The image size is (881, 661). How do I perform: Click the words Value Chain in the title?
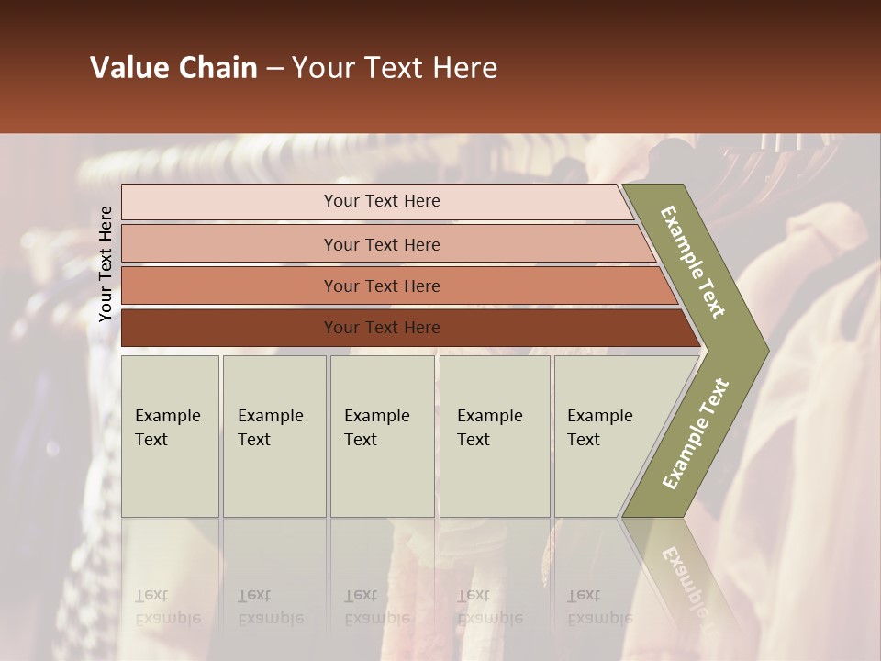[x=173, y=68]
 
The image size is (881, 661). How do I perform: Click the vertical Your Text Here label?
[x=106, y=263]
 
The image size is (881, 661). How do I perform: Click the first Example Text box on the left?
[x=170, y=436]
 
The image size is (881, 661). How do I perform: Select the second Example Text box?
[x=273, y=436]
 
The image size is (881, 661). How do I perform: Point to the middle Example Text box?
[x=382, y=436]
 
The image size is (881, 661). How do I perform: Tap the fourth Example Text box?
[x=494, y=436]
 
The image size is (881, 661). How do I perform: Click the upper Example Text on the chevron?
[x=693, y=262]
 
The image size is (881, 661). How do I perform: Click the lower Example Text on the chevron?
[x=696, y=433]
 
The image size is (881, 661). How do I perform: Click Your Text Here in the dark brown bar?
[x=382, y=328]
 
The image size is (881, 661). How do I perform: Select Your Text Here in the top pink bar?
[x=382, y=201]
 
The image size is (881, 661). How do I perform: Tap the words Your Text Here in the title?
[x=395, y=68]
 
